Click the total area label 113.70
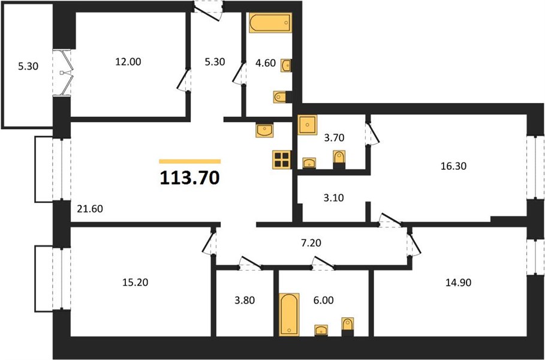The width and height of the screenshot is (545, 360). click(190, 178)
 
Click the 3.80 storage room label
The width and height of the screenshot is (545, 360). click(245, 299)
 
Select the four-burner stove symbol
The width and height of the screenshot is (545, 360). click(281, 160)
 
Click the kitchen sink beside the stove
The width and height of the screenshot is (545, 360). click(264, 130)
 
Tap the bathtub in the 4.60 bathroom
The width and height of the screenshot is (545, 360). click(270, 23)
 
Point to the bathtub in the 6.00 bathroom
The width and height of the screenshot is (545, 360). click(289, 314)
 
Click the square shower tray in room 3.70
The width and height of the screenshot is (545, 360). click(307, 125)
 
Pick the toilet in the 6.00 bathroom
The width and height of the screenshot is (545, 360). click(348, 326)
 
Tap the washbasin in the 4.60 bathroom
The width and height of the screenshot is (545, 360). click(286, 65)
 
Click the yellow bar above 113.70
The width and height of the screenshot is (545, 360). click(190, 161)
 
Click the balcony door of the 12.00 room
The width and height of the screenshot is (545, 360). click(62, 73)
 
